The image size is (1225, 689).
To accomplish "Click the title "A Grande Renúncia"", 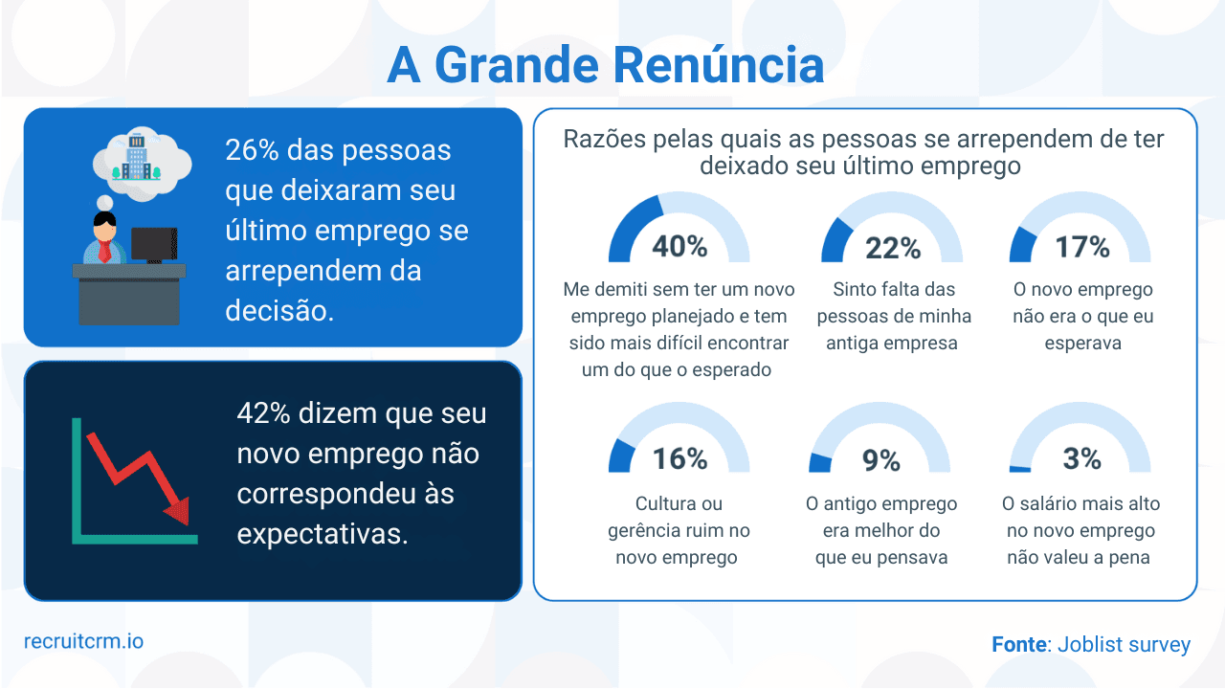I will click(x=605, y=65).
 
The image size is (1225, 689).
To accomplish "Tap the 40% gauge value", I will click(x=679, y=246).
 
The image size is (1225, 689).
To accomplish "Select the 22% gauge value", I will click(x=893, y=248).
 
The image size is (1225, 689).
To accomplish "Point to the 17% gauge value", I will click(x=1082, y=247).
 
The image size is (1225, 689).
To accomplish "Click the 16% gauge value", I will click(x=679, y=459).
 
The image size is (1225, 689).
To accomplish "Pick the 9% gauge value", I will click(x=881, y=460).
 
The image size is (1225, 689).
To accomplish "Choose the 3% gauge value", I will click(x=1082, y=459).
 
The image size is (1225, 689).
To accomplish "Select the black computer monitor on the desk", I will click(x=153, y=245).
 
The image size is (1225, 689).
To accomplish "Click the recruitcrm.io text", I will click(x=84, y=640).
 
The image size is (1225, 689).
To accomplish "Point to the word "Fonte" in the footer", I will click(x=1018, y=645).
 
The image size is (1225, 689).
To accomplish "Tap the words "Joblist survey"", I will click(x=1125, y=645).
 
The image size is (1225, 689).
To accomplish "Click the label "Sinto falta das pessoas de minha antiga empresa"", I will click(x=893, y=316).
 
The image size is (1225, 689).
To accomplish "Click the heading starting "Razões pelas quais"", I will click(x=863, y=152).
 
